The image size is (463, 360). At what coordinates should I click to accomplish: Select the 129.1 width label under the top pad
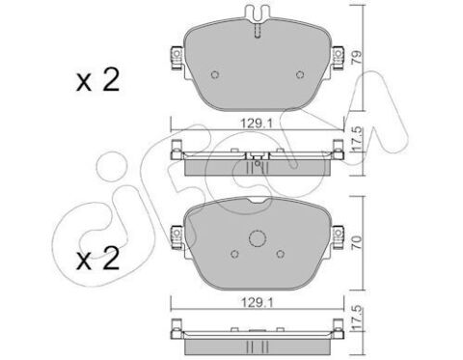click(x=257, y=123)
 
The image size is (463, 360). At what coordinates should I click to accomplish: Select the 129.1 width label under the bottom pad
click(x=257, y=302)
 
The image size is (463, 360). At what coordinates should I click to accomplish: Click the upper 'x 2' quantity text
click(x=97, y=79)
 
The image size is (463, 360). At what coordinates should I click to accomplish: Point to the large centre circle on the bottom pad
click(x=258, y=238)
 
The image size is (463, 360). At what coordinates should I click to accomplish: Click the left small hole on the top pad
click(x=215, y=74)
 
